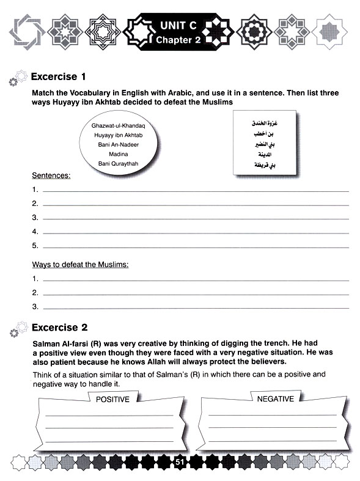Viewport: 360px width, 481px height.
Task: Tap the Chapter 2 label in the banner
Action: (179, 40)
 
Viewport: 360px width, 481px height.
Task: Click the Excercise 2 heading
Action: (64, 327)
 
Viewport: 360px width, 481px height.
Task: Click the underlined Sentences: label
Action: (51, 175)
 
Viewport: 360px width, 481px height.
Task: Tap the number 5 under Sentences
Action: (35, 246)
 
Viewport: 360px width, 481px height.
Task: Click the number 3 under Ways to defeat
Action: (35, 306)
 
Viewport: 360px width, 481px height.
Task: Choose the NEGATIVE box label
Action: (276, 399)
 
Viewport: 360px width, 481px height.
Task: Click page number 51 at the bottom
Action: (180, 463)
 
